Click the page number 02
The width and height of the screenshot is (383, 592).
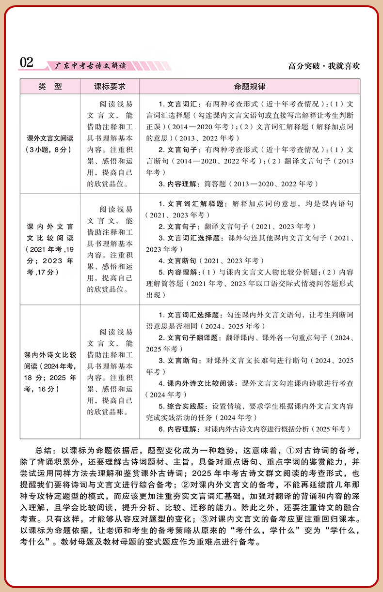tap(27, 63)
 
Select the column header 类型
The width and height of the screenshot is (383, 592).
tap(50, 87)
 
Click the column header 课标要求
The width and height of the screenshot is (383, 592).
tap(110, 87)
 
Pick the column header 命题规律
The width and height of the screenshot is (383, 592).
tap(249, 87)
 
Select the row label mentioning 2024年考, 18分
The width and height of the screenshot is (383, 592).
tap(50, 371)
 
